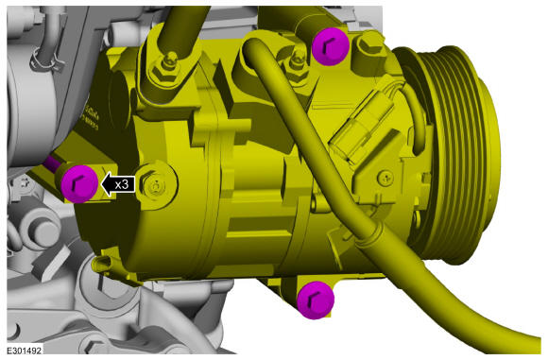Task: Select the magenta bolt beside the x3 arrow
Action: click(x=77, y=182)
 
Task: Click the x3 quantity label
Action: click(x=121, y=184)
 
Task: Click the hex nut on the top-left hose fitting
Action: click(x=167, y=65)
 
